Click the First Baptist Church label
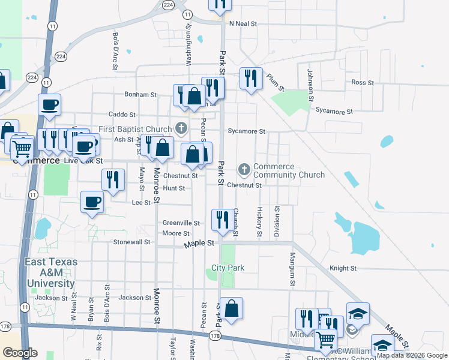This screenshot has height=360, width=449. click(135, 129)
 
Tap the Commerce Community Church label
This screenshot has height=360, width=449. click(289, 171)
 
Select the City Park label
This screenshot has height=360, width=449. click(228, 268)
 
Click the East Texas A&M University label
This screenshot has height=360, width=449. click(50, 273)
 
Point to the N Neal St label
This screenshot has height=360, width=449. click(243, 24)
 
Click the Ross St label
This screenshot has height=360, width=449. click(363, 82)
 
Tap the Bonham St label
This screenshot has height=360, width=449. click(140, 95)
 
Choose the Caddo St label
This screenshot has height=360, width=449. click(122, 115)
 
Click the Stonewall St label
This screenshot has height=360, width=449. click(131, 242)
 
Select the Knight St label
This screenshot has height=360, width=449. click(343, 268)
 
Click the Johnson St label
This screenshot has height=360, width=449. click(310, 85)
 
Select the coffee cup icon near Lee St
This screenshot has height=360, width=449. click(92, 202)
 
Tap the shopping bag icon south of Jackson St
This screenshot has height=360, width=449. click(231, 308)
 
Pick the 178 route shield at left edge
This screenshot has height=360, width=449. click(6, 326)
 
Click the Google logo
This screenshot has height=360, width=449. click(20, 353)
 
